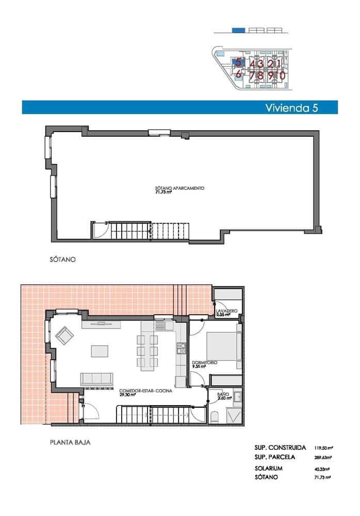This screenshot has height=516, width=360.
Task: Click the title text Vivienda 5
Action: [x=291, y=108]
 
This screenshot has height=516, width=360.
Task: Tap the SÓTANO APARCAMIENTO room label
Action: [x=180, y=188]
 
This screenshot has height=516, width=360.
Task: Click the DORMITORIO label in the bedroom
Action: [x=205, y=363]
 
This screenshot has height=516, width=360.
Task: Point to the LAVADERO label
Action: [x=227, y=311]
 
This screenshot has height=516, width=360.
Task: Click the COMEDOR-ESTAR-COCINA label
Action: [x=145, y=391]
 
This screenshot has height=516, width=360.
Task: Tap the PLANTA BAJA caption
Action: [x=71, y=442]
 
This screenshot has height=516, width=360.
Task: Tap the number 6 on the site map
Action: [x=238, y=74]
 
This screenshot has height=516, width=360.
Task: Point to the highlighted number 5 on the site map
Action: [x=238, y=62]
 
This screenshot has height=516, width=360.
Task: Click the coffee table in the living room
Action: [x=101, y=351]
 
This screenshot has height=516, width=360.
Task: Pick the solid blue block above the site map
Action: [x=238, y=30]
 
